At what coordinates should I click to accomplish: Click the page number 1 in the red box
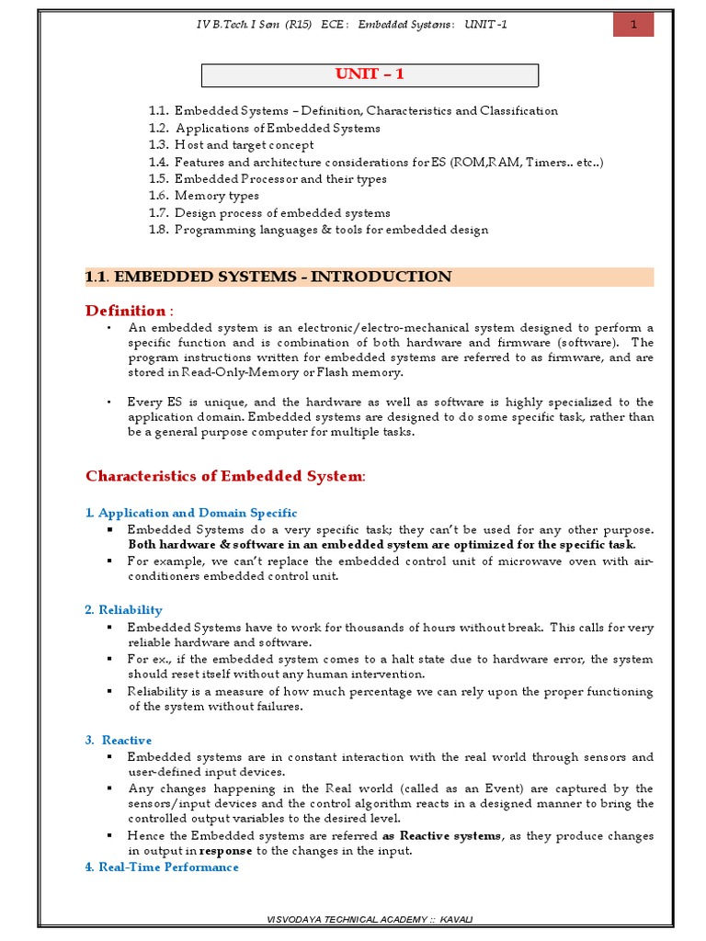pyautogui.click(x=632, y=24)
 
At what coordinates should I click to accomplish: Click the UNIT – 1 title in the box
pyautogui.click(x=370, y=75)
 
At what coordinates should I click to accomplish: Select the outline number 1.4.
pyautogui.click(x=158, y=162)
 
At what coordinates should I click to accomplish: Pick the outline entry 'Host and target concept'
pyautogui.click(x=244, y=145)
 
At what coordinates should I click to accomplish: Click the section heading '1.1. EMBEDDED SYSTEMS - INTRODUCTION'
pyautogui.click(x=268, y=277)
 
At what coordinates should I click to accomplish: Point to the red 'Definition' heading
pyautogui.click(x=126, y=311)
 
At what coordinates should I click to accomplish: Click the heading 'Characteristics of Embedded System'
pyautogui.click(x=224, y=476)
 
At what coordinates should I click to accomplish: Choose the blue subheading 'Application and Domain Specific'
pyautogui.click(x=197, y=513)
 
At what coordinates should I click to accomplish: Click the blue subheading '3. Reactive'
pyautogui.click(x=119, y=740)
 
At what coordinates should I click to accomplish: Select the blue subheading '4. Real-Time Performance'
pyautogui.click(x=162, y=867)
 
